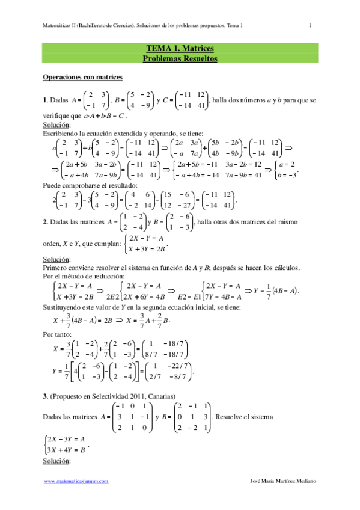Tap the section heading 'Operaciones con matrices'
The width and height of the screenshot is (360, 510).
[x=82, y=78]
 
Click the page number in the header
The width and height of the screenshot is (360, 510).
[x=310, y=25]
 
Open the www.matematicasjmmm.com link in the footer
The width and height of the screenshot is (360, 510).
[x=76, y=481]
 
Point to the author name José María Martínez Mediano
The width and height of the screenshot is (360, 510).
[x=282, y=481]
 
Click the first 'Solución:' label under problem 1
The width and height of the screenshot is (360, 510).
[x=57, y=125]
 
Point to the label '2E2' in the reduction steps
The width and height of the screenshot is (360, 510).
[x=112, y=296]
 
